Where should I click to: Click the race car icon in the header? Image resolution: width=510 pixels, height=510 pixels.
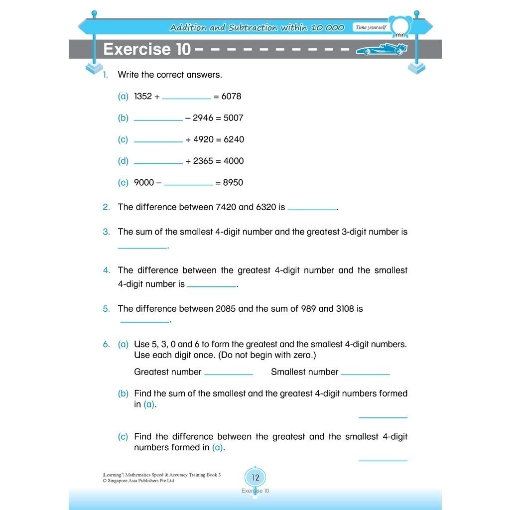pyautogui.click(x=382, y=49)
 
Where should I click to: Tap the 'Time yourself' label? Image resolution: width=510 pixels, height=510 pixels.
pyautogui.click(x=371, y=27)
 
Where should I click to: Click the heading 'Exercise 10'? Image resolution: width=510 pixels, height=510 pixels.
pyautogui.click(x=146, y=49)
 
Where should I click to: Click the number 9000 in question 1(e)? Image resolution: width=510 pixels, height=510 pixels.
pyautogui.click(x=144, y=182)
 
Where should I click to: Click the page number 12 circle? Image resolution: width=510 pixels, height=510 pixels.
pyautogui.click(x=255, y=478)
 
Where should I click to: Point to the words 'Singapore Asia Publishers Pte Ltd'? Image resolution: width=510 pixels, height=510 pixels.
pyautogui.click(x=140, y=481)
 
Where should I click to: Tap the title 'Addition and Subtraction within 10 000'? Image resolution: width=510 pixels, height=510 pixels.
pyautogui.click(x=256, y=27)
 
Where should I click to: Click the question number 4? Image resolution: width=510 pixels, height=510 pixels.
pyautogui.click(x=107, y=270)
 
